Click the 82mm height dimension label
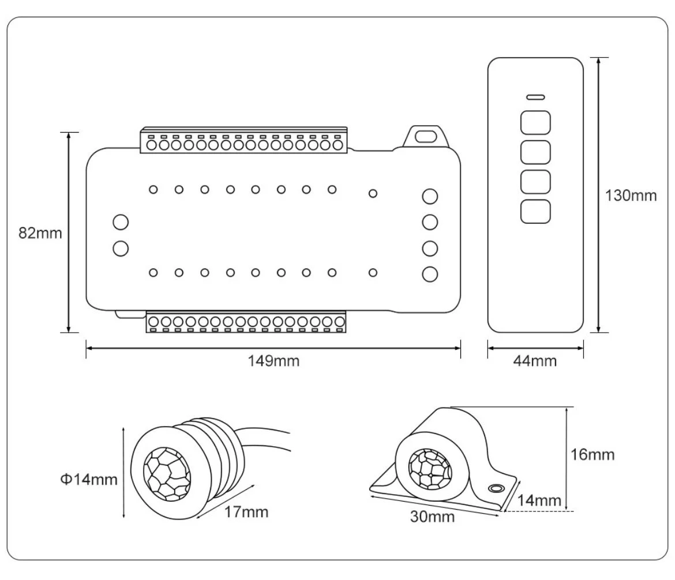[x=40, y=234]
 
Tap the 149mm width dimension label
[x=274, y=361]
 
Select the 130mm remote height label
[x=631, y=195]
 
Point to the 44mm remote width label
[x=535, y=361]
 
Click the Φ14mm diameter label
[x=89, y=479]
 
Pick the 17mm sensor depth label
[x=246, y=511]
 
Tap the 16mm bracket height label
[x=592, y=454]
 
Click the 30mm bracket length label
[x=432, y=517]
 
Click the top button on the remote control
[x=535, y=122]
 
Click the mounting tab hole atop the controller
[x=427, y=137]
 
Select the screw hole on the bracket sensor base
[x=494, y=488]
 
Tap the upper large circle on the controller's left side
[x=121, y=222]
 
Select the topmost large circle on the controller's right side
[x=429, y=197]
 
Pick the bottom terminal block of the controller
[x=246, y=323]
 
